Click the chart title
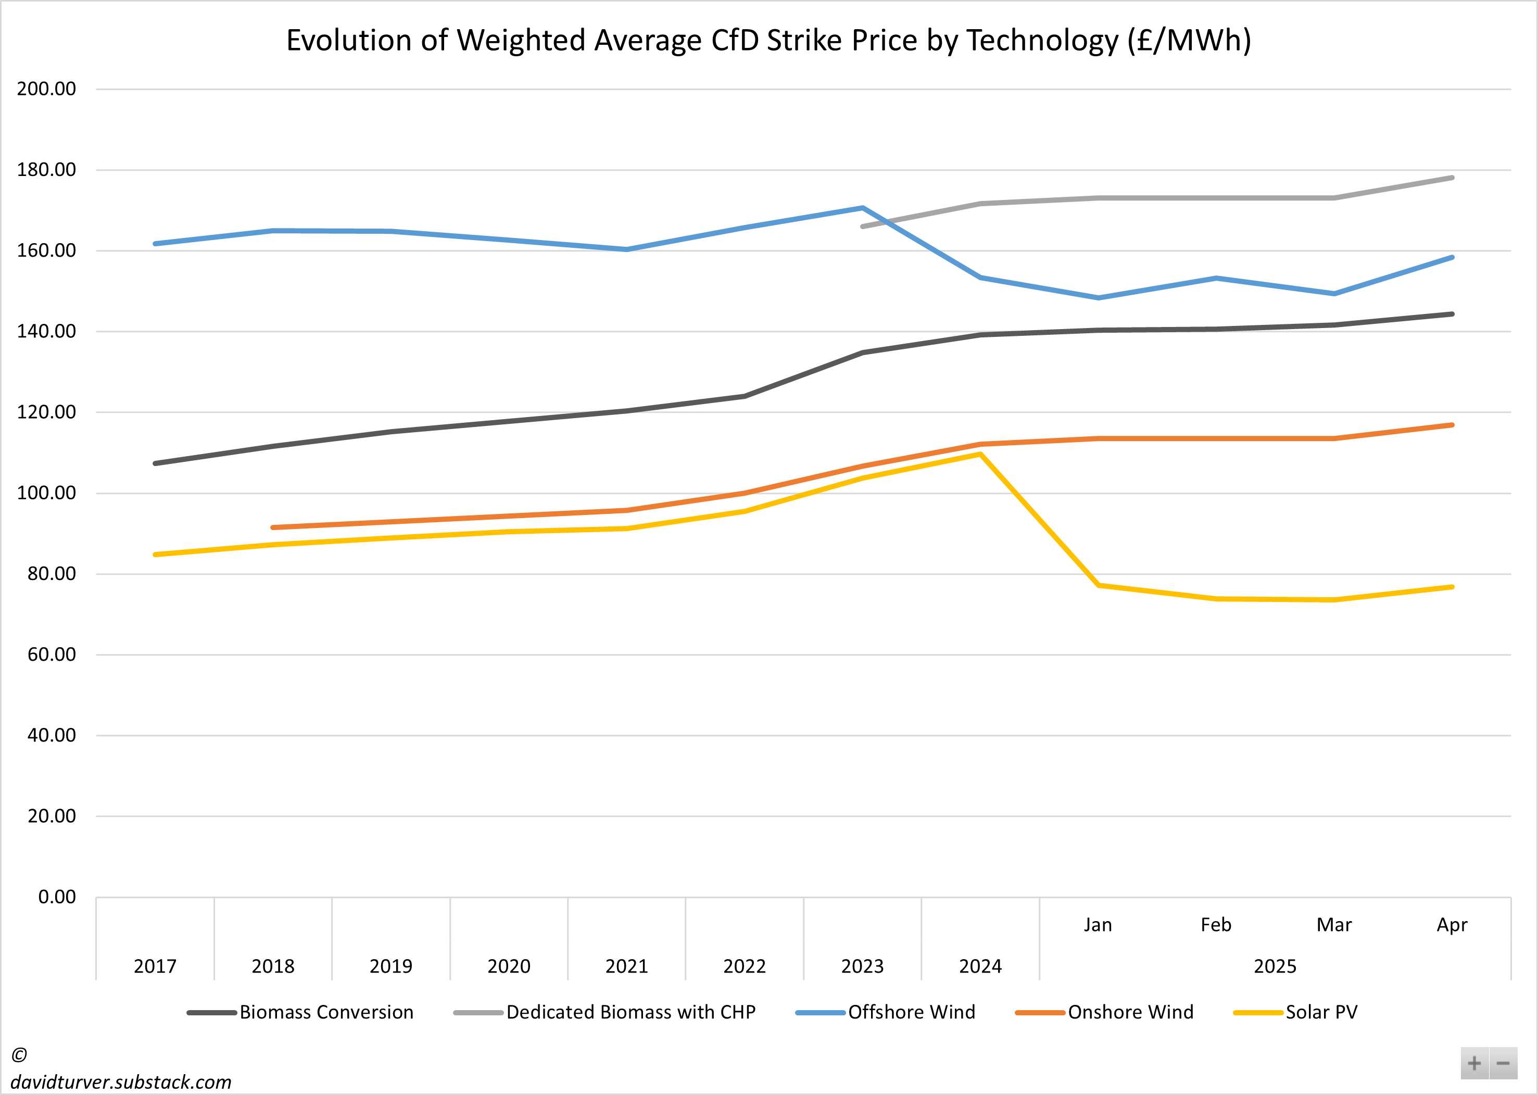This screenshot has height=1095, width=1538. point(768,41)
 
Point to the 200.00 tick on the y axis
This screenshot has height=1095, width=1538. point(46,89)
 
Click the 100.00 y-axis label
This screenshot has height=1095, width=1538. point(46,493)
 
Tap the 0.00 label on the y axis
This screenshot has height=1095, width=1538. point(57,897)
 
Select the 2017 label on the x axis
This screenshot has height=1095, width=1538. point(155,966)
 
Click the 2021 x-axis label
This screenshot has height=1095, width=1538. point(626,966)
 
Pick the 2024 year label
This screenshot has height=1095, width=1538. point(980,966)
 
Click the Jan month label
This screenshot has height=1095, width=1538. point(1098,924)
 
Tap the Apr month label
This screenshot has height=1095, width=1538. point(1452,924)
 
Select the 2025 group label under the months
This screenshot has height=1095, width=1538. point(1275,966)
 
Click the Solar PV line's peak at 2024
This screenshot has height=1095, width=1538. point(980,455)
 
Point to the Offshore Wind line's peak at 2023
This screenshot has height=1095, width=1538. point(862,208)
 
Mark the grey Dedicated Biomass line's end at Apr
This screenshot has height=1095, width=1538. point(1452,178)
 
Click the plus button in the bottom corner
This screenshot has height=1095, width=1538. point(1474,1063)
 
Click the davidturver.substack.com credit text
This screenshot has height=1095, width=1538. point(121,1082)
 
